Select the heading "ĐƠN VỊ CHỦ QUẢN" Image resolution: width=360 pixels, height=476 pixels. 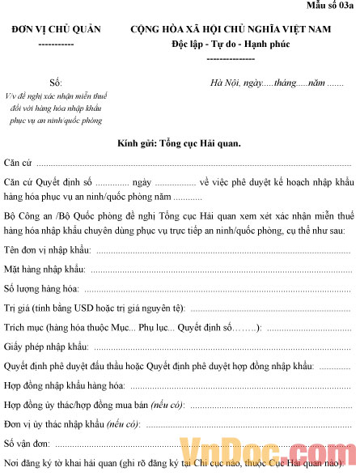(57, 29)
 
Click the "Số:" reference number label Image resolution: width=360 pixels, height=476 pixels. (56, 83)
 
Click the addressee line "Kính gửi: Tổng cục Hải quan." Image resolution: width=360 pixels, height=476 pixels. (179, 142)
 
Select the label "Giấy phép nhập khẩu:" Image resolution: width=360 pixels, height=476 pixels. (45, 346)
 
